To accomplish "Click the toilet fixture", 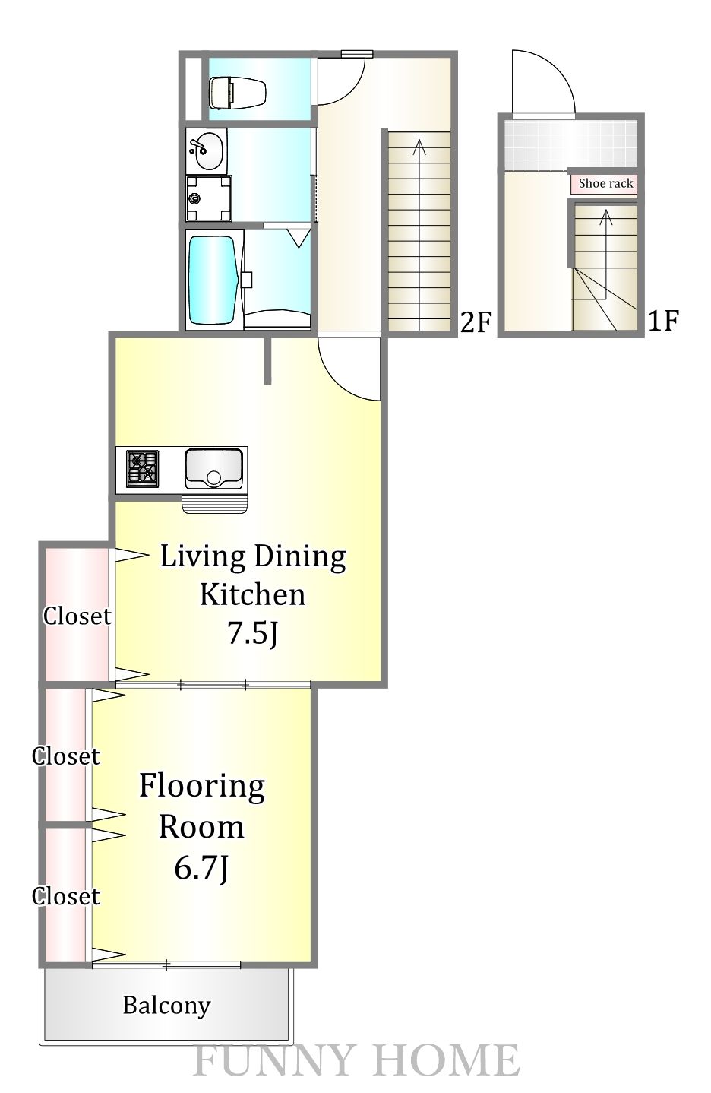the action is point(238,90).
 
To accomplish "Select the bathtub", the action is point(214,280).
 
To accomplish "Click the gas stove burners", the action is point(142,469).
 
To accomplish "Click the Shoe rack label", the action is point(605,183).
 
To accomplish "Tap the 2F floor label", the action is point(475,322).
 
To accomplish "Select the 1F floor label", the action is point(662,321).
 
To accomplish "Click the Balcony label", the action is point(167,1006).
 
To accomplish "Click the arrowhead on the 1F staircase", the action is point(606,217).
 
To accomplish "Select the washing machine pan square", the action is point(209,198).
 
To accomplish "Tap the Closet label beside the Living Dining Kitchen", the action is point(77,616).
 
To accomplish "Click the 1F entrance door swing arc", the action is point(555,66).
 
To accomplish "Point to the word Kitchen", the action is point(253,594).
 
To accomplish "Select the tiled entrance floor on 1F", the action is point(570,144).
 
